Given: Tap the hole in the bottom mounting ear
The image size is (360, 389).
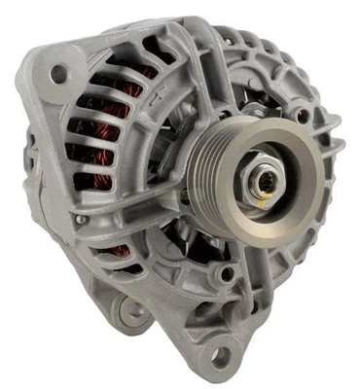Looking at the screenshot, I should (221, 356).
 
